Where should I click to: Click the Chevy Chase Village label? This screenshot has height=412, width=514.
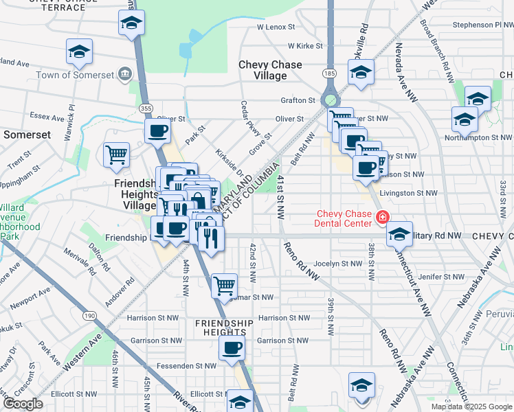click(x=270, y=70)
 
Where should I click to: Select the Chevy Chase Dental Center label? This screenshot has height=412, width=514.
click(x=344, y=218)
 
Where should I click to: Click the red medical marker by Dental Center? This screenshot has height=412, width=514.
click(x=382, y=218)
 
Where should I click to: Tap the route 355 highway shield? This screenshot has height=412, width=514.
click(x=146, y=108)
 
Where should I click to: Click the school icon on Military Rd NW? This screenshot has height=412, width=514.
click(x=399, y=234)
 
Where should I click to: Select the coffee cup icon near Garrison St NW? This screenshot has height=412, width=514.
click(x=232, y=348)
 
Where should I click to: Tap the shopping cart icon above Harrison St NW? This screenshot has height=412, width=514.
click(x=224, y=286)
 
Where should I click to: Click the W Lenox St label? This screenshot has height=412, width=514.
click(x=276, y=27)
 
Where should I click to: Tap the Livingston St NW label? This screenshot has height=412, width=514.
click(x=408, y=193)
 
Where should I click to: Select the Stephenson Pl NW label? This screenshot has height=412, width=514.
click(x=482, y=25)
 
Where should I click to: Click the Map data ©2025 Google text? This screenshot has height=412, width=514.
click(x=471, y=407)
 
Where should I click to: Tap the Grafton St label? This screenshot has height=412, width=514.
click(x=298, y=100)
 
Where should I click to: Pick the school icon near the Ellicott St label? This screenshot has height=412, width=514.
click(x=240, y=402)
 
